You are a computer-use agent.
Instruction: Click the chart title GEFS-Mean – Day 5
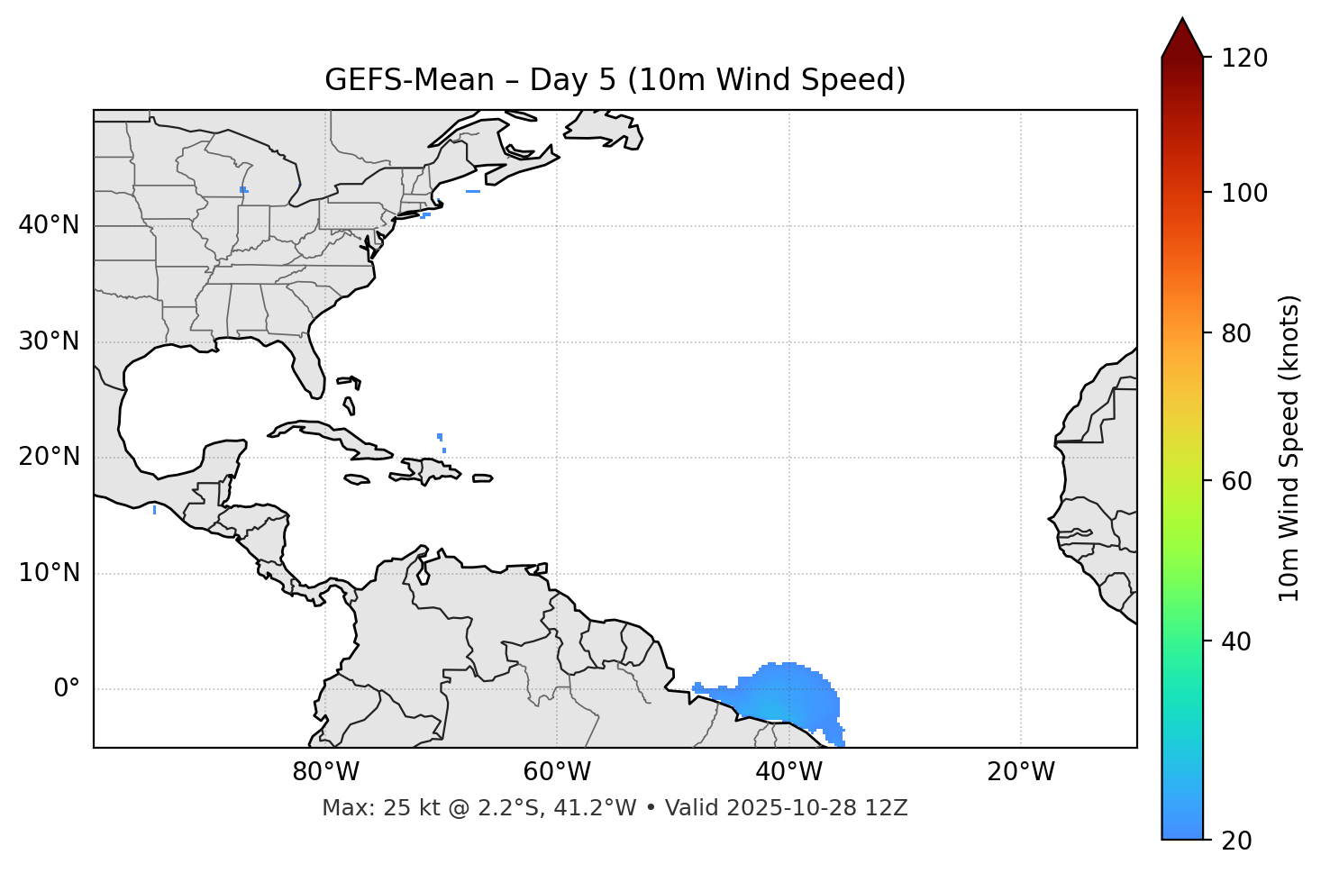pyautogui.click(x=615, y=80)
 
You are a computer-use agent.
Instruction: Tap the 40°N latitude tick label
pyautogui.click(x=49, y=225)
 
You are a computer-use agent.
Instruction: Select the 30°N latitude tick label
pyautogui.click(x=49, y=341)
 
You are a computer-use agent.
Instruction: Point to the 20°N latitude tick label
pyautogui.click(x=49, y=457)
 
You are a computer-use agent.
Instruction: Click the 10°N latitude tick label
pyautogui.click(x=49, y=573)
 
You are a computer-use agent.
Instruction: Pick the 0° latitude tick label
pyautogui.click(x=67, y=689)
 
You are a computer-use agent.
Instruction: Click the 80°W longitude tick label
pyautogui.click(x=325, y=772)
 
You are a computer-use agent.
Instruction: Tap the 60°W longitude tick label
pyautogui.click(x=557, y=772)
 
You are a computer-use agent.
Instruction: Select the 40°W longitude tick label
pyautogui.click(x=789, y=772)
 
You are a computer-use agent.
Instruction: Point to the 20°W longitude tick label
pyautogui.click(x=1021, y=772)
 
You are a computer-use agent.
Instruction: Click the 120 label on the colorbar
pyautogui.click(x=1244, y=59)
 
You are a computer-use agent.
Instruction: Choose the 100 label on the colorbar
pyautogui.click(x=1244, y=193)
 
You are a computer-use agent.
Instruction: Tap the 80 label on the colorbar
pyautogui.click(x=1237, y=333)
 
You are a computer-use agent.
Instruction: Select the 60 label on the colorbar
pyautogui.click(x=1237, y=481)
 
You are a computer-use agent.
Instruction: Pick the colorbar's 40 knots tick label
pyautogui.click(x=1237, y=641)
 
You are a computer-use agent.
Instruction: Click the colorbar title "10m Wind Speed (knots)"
pyautogui.click(x=1289, y=448)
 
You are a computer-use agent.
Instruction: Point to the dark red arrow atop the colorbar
pyautogui.click(x=1182, y=38)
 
